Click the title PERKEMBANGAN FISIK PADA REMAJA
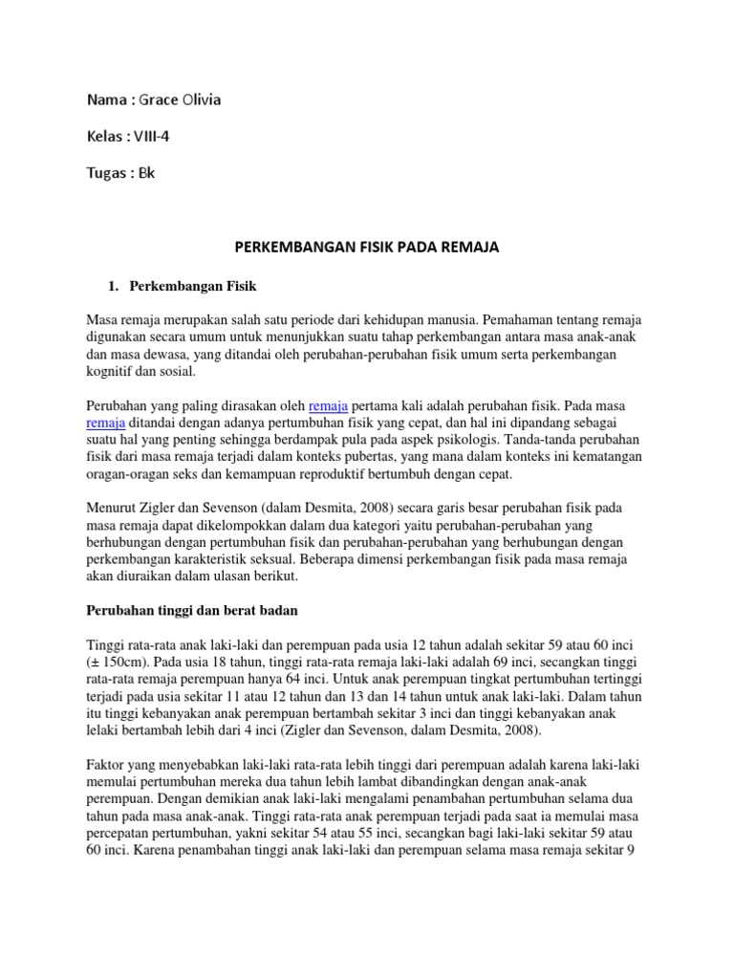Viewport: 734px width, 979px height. pos(367,248)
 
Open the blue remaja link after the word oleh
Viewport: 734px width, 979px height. pos(328,406)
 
